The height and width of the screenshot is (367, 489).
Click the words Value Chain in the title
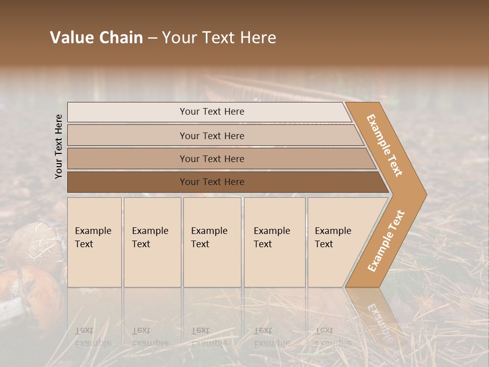point(96,38)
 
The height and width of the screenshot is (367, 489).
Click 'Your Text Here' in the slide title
point(219,38)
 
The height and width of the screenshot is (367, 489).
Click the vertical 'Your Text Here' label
point(59,146)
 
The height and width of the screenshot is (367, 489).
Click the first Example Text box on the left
point(94,242)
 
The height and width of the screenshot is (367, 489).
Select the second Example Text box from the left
point(152,242)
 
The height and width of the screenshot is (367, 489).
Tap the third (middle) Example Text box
point(211,242)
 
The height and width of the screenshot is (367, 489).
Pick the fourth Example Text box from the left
point(274,242)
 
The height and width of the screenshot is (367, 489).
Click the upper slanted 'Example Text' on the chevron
point(385,145)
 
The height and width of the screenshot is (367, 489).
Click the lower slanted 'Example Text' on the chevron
point(386,241)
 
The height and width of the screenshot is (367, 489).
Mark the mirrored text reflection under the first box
point(93,337)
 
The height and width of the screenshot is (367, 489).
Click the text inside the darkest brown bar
point(212,182)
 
